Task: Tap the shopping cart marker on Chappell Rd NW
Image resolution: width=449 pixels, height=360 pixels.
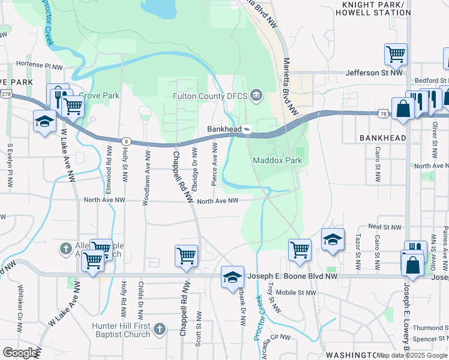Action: (x=186, y=256)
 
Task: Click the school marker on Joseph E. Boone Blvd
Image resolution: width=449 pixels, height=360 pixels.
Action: (x=232, y=277)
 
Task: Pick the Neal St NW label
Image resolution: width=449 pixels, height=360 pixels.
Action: (x=384, y=227)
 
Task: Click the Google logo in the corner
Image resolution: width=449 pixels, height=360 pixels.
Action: (x=20, y=353)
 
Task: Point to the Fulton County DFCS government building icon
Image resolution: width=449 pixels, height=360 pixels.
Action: (x=256, y=95)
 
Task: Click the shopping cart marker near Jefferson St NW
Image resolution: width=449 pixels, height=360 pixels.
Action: (x=396, y=54)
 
